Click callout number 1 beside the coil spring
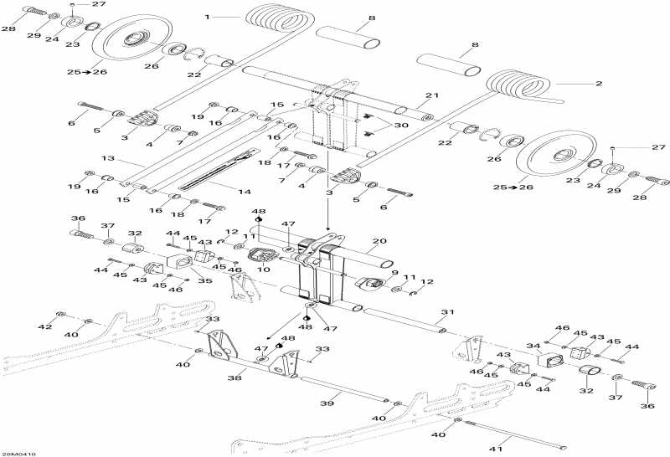pos(207,16)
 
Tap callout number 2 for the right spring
pos(598,84)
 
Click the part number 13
pos(107,157)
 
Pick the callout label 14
pos(245,192)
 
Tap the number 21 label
pos(432,95)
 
